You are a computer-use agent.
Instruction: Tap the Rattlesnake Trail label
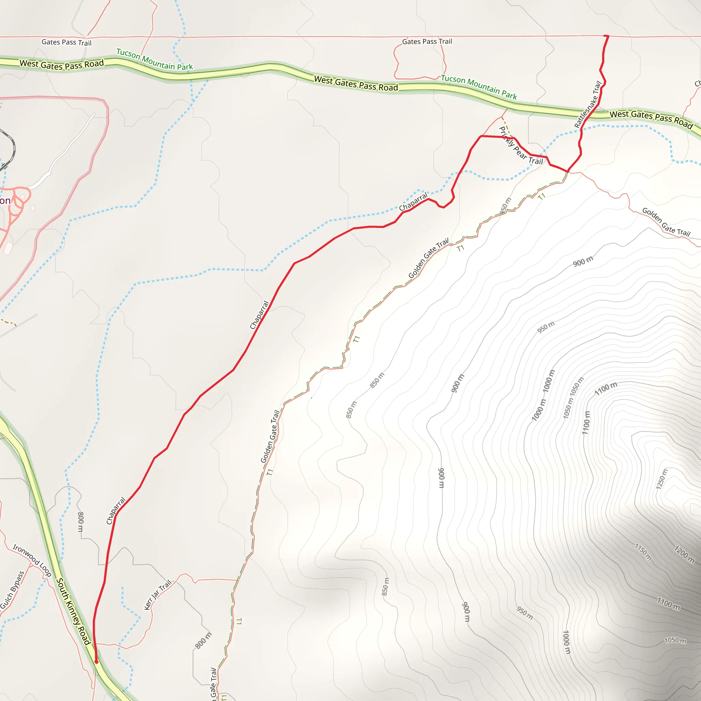588,104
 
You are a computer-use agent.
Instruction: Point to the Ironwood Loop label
32,561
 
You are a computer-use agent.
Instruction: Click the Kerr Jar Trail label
157,595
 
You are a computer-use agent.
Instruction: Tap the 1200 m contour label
684,554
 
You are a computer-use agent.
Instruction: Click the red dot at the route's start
96,661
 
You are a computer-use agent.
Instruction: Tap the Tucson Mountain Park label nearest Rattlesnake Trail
479,87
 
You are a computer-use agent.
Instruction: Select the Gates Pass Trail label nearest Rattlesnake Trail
427,42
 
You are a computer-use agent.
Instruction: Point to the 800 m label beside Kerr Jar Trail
203,640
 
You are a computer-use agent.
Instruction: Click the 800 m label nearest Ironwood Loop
80,522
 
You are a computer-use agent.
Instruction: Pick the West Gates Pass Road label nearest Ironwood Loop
62,65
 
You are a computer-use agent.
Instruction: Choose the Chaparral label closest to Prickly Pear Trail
413,202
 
